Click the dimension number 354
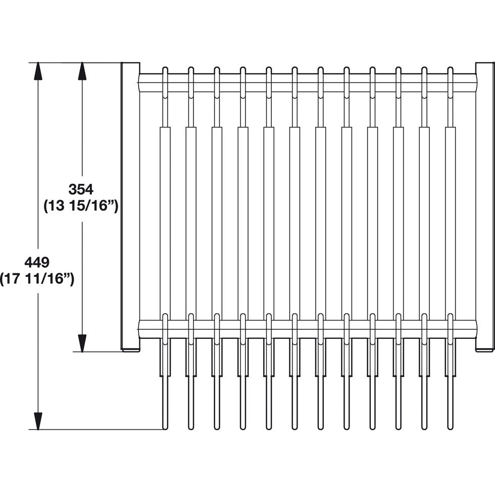81,189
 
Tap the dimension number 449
37,262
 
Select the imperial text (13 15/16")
81,207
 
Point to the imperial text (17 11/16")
37,279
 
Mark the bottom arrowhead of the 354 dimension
82,343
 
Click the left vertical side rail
130,206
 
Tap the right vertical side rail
485,206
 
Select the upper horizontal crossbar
307,83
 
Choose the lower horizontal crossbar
307,329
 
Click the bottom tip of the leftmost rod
165,429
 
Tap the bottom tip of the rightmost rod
450,429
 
